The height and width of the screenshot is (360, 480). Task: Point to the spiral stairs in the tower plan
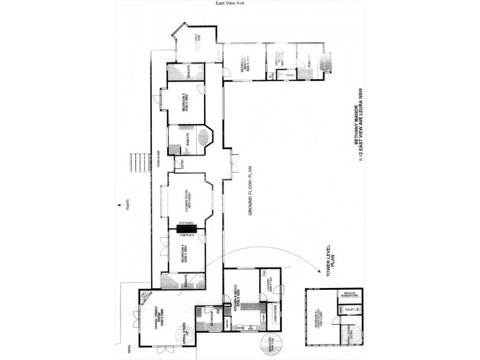pyautogui.click(x=350, y=337)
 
